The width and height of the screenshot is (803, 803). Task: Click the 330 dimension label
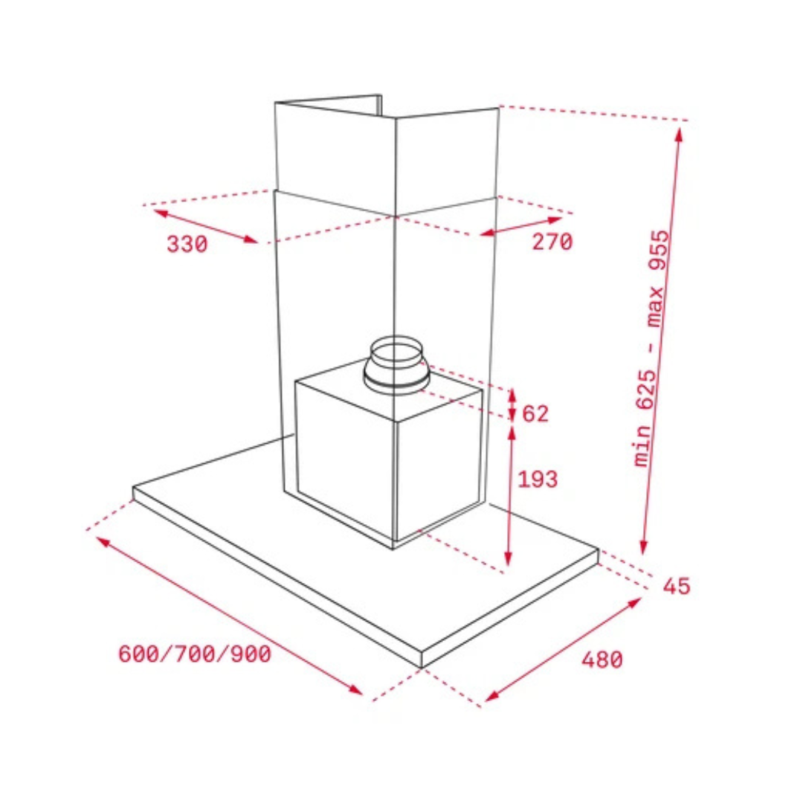(x=187, y=245)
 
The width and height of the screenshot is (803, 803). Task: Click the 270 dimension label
(x=552, y=242)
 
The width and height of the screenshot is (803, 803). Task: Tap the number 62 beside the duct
(x=535, y=413)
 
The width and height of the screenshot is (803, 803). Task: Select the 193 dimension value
(x=538, y=480)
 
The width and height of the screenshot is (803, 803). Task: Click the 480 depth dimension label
(x=602, y=659)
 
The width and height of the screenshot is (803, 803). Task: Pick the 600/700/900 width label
(x=195, y=654)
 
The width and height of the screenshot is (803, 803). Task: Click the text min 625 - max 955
(x=651, y=348)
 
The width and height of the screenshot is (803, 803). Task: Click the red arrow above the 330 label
(x=205, y=226)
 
